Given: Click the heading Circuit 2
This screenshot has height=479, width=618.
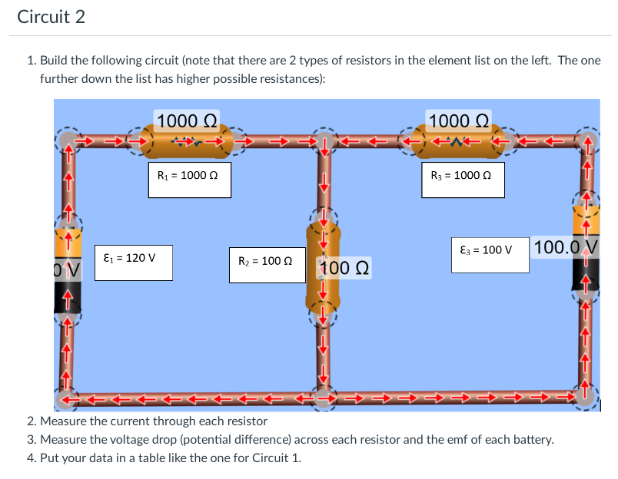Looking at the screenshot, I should [51, 17].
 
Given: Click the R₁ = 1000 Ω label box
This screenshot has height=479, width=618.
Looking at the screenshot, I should [189, 176].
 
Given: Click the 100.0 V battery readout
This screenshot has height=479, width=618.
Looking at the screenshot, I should [566, 248].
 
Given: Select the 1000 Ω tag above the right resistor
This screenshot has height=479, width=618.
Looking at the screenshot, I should [459, 120].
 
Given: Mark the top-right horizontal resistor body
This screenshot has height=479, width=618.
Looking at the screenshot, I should [459, 140].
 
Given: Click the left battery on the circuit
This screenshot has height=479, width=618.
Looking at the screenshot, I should [68, 269].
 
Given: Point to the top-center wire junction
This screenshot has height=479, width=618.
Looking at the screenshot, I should [324, 141].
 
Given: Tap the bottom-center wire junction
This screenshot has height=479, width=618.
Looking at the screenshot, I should [324, 398].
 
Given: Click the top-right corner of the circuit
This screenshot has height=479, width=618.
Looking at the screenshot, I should [587, 141].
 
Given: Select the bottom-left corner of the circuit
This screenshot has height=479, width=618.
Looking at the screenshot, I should [68, 398].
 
